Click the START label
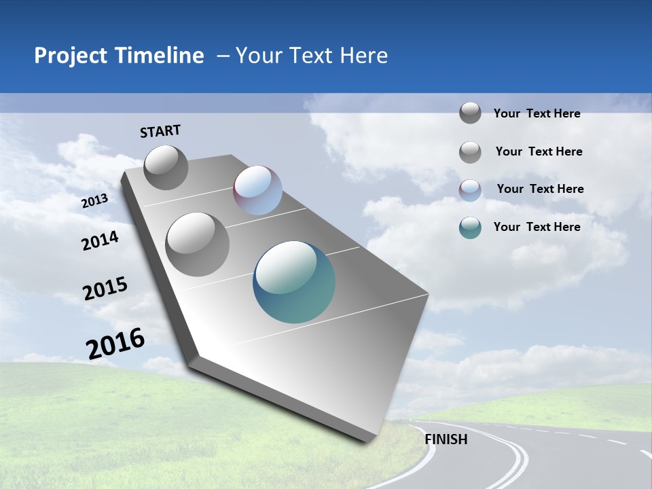(x=160, y=131)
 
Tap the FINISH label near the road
(x=446, y=439)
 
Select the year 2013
(x=94, y=201)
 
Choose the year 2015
(x=105, y=288)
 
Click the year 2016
(x=115, y=344)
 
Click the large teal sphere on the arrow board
(x=294, y=282)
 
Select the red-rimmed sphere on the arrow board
(x=257, y=190)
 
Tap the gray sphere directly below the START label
(x=166, y=167)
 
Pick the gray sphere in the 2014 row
(x=198, y=244)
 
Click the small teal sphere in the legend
(x=470, y=228)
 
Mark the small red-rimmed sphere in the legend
(x=470, y=189)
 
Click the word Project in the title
(x=71, y=56)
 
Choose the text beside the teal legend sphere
(x=537, y=227)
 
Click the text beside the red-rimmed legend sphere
(x=540, y=189)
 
